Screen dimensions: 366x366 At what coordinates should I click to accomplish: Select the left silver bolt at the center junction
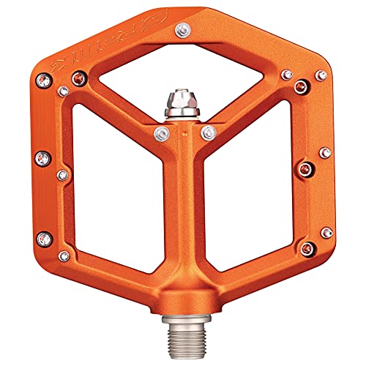coord(161,133)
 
